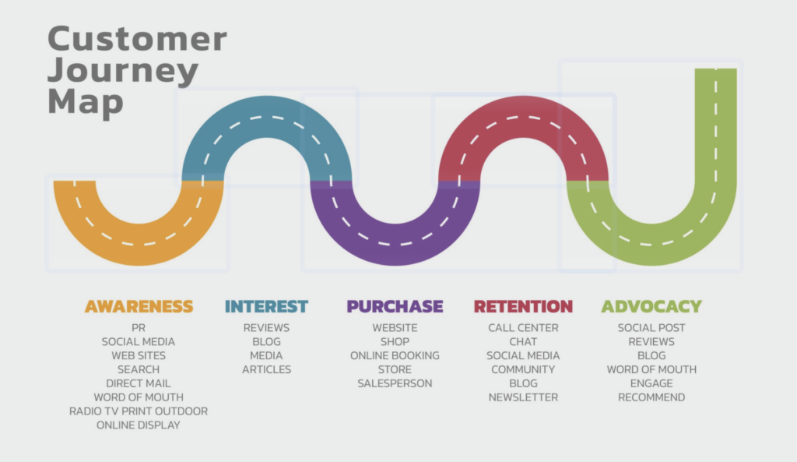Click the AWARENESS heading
click(139, 306)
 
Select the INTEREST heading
click(266, 306)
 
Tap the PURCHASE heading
click(395, 306)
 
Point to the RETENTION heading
click(523, 306)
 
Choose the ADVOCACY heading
click(651, 306)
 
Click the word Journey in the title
click(123, 71)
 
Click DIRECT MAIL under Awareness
click(139, 383)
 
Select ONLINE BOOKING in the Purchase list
click(395, 355)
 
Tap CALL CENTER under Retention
click(523, 328)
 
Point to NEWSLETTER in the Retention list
click(523, 397)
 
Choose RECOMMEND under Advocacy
click(651, 397)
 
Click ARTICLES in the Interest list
click(266, 369)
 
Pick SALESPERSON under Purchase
click(395, 383)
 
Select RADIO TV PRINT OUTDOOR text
click(139, 411)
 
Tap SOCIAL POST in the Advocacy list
click(651, 328)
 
